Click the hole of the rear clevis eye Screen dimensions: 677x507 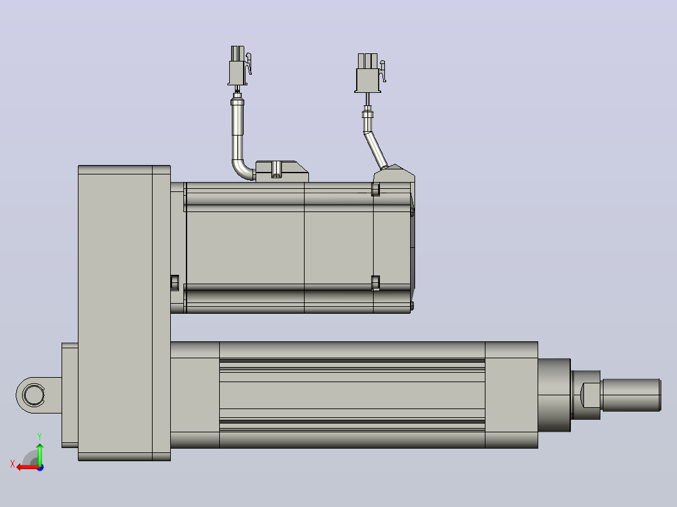[34, 395]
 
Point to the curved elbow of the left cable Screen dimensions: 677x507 [242, 169]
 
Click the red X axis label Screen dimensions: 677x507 [13, 464]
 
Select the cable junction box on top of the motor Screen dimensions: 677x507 [281, 171]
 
